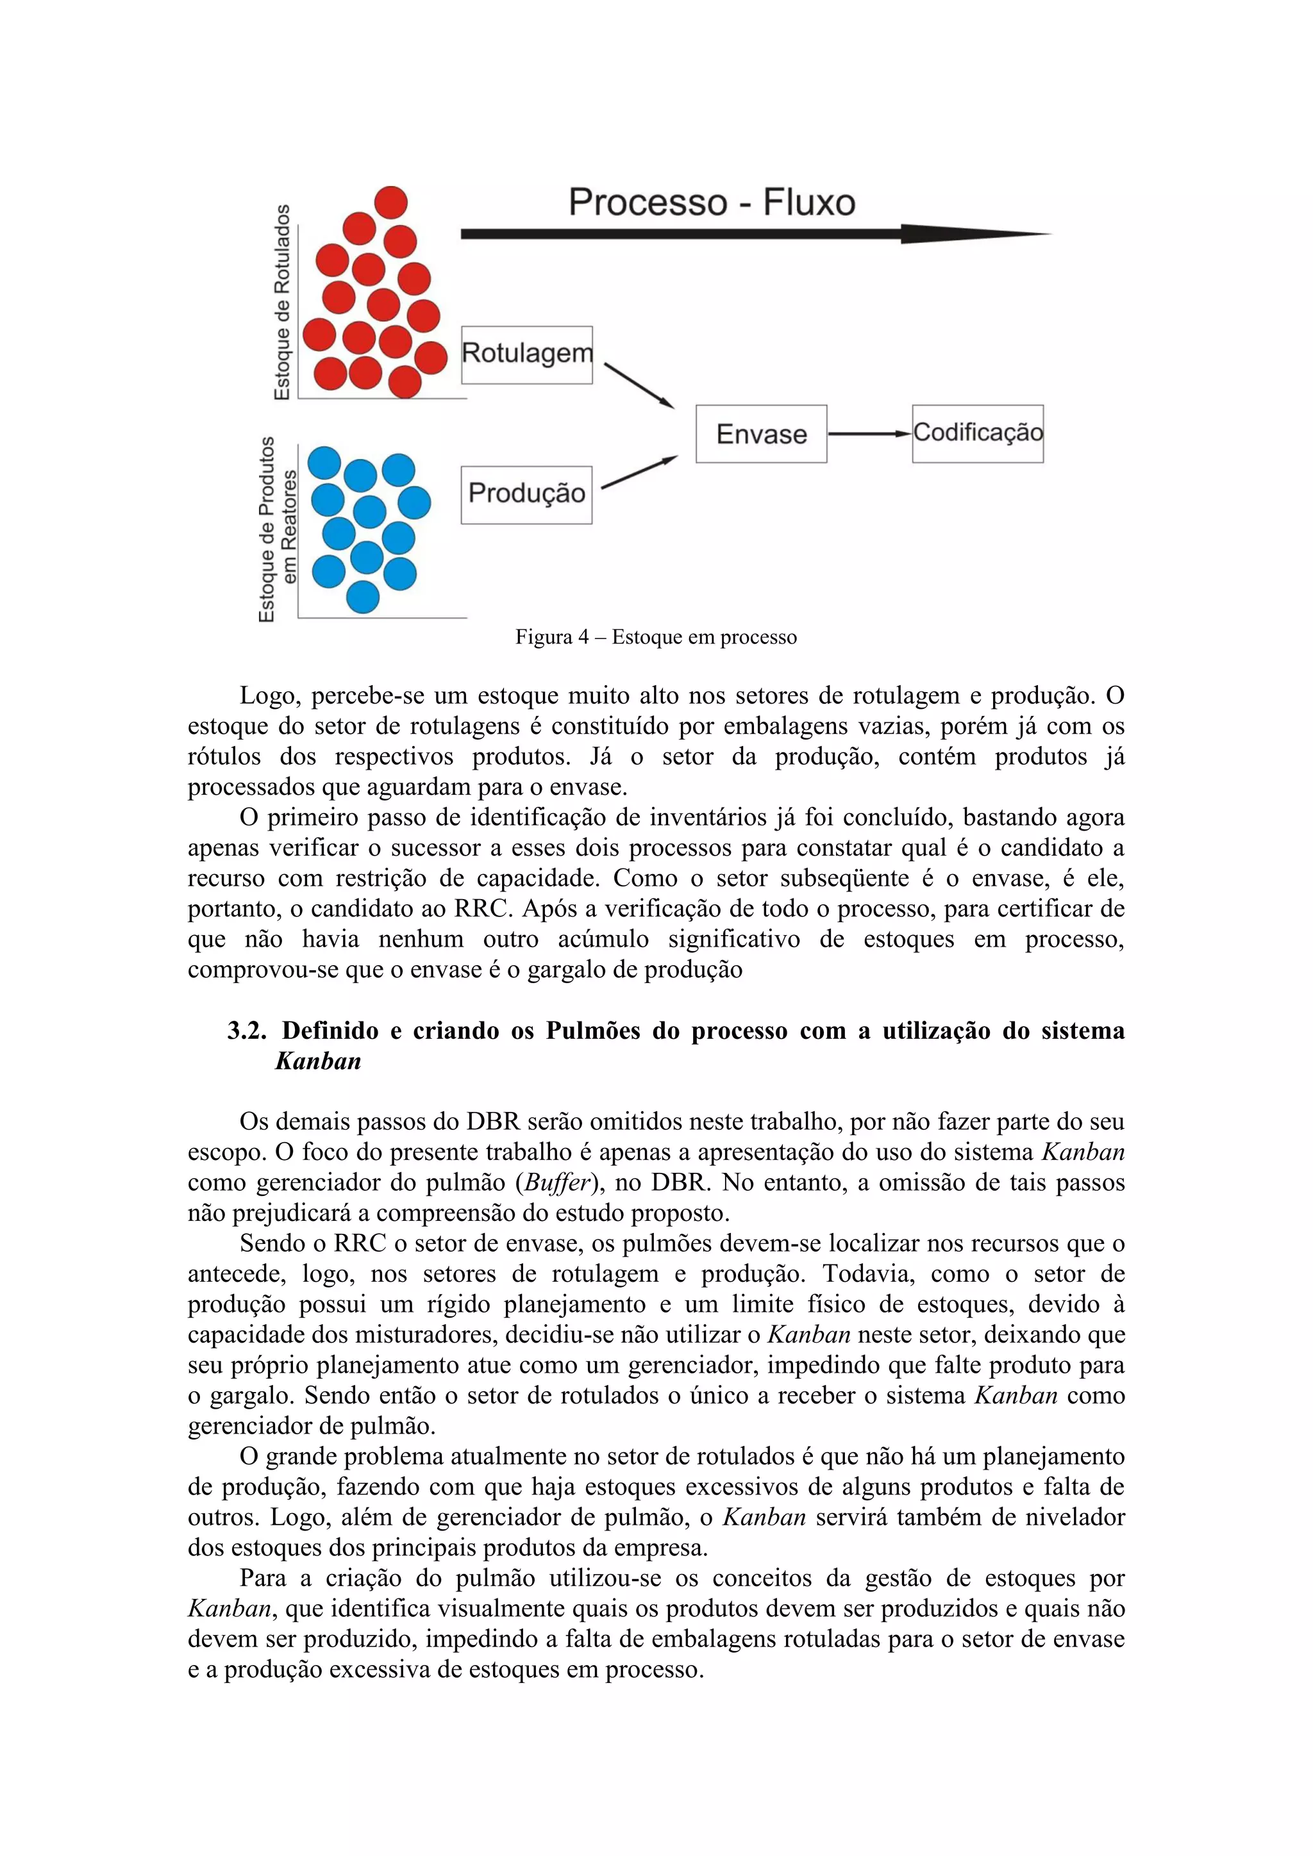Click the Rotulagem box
tap(526, 355)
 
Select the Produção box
tap(526, 495)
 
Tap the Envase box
tap(761, 434)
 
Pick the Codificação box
tap(978, 434)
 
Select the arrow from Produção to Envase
tap(639, 473)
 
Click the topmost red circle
tap(390, 202)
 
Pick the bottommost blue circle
tap(362, 597)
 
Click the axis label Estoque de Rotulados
tap(281, 302)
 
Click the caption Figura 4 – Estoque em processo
tap(656, 637)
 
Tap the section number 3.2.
tap(247, 1031)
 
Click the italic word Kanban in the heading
tap(318, 1061)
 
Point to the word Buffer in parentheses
tap(556, 1182)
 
